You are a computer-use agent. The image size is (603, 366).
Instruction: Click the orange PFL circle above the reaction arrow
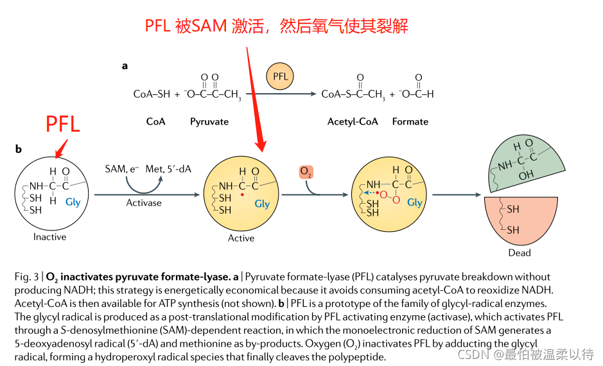(281, 77)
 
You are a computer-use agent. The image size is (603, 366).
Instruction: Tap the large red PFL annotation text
(63, 123)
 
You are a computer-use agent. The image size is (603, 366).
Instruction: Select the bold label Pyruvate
(209, 121)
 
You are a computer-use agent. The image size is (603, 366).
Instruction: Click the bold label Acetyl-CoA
(353, 121)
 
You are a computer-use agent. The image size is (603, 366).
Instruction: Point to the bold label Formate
(410, 121)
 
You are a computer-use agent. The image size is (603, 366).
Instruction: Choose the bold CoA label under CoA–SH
(156, 121)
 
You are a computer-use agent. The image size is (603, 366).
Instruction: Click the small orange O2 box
(306, 173)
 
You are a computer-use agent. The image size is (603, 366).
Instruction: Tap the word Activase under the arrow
(144, 203)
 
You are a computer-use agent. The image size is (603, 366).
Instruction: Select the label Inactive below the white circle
(50, 237)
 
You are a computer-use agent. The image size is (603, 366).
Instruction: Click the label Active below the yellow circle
(241, 238)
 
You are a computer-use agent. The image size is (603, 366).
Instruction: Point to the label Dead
(520, 252)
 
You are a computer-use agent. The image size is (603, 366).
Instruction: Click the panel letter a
(125, 65)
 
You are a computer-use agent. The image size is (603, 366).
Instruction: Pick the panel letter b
(19, 149)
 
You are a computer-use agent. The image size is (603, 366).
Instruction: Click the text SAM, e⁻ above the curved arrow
(122, 169)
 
